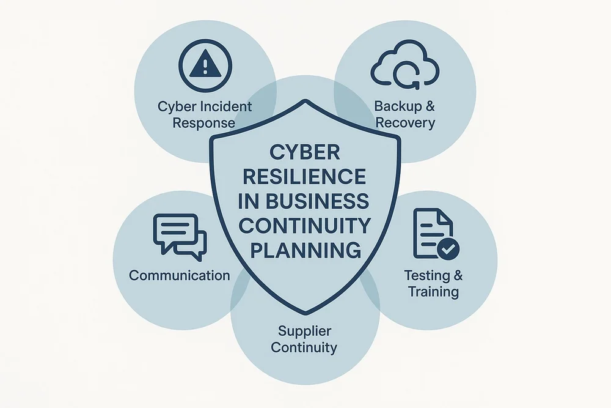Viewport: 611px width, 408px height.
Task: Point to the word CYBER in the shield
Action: click(x=304, y=152)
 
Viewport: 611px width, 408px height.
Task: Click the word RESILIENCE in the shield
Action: click(x=304, y=177)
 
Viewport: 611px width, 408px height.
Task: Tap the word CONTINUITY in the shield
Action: click(x=304, y=226)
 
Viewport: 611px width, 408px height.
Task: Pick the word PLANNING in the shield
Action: click(x=304, y=250)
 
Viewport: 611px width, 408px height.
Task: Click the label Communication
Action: click(x=180, y=275)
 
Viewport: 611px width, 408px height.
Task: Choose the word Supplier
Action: click(x=304, y=332)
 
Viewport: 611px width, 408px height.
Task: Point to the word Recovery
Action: click(x=405, y=122)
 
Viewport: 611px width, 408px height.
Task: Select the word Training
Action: click(x=434, y=291)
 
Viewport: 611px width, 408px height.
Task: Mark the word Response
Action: click(x=203, y=122)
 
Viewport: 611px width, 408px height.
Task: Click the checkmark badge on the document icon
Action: click(x=450, y=249)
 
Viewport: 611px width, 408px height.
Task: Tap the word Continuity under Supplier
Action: click(x=304, y=348)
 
